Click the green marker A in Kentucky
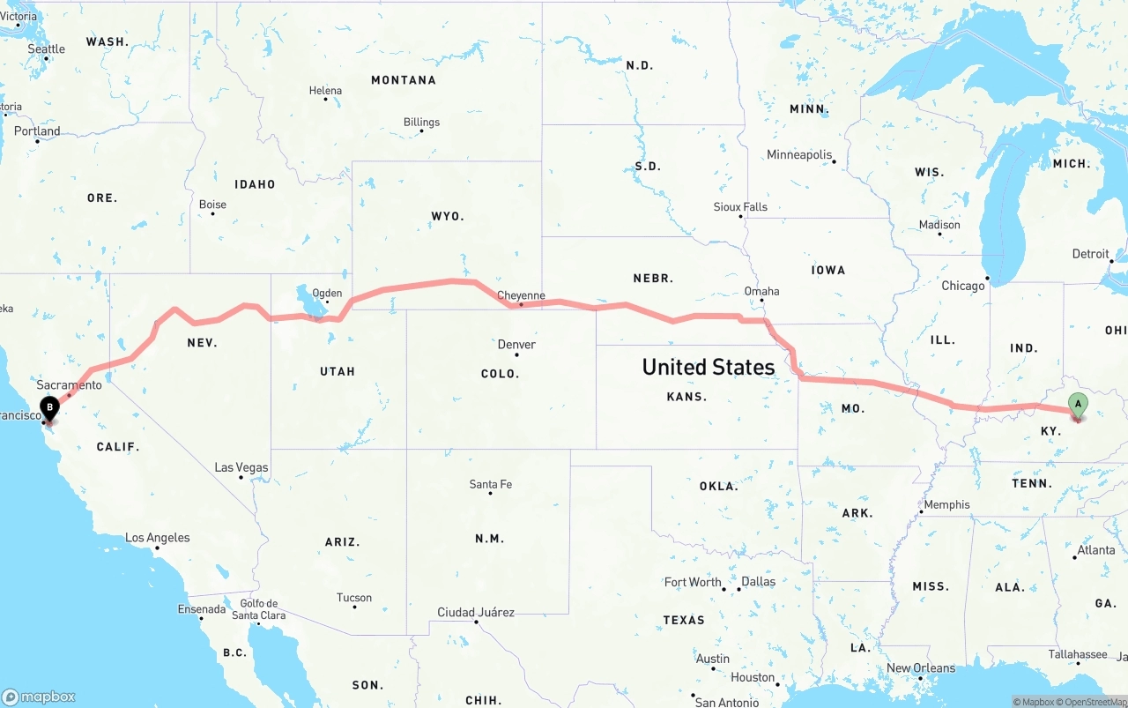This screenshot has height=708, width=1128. [x=1077, y=406]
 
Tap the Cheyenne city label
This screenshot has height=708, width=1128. [x=521, y=295]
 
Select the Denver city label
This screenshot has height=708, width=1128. [x=516, y=344]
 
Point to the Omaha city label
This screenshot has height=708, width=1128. [x=761, y=291]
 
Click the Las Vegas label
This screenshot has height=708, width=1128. [x=241, y=467]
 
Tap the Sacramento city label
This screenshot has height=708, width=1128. [x=69, y=384]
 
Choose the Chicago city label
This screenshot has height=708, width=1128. [x=962, y=286]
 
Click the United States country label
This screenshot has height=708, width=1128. [x=709, y=367]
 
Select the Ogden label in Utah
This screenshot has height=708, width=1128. [x=327, y=293]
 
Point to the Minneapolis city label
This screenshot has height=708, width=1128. [x=799, y=154]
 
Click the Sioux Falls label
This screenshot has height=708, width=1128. [x=740, y=206]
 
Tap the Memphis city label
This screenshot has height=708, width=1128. [x=946, y=504]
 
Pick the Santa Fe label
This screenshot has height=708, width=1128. [x=491, y=484]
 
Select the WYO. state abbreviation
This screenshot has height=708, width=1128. [x=448, y=216]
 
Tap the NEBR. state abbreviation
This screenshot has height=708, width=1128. [x=653, y=278]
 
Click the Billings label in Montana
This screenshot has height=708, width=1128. [x=421, y=122]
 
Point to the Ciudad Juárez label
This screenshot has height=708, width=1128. [x=476, y=612]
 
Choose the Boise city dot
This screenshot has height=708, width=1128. [x=212, y=213]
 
